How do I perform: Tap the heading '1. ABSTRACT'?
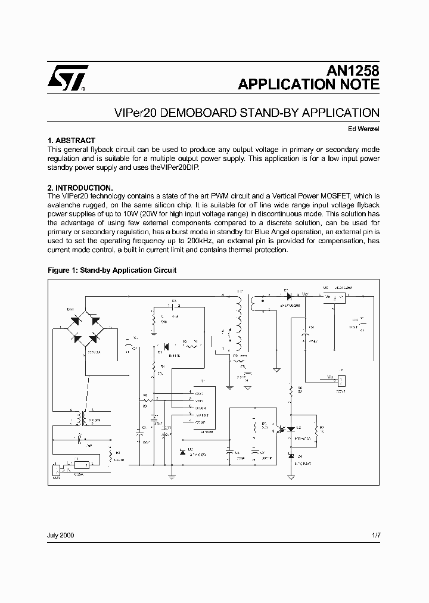tap(71, 141)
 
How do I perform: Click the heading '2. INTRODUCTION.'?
tap(80, 188)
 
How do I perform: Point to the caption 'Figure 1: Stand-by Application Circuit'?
tap(112, 270)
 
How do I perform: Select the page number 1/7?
tap(375, 535)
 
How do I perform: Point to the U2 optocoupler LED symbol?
tap(290, 429)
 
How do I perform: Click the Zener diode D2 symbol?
tap(182, 452)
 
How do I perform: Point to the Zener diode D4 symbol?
tap(290, 456)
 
